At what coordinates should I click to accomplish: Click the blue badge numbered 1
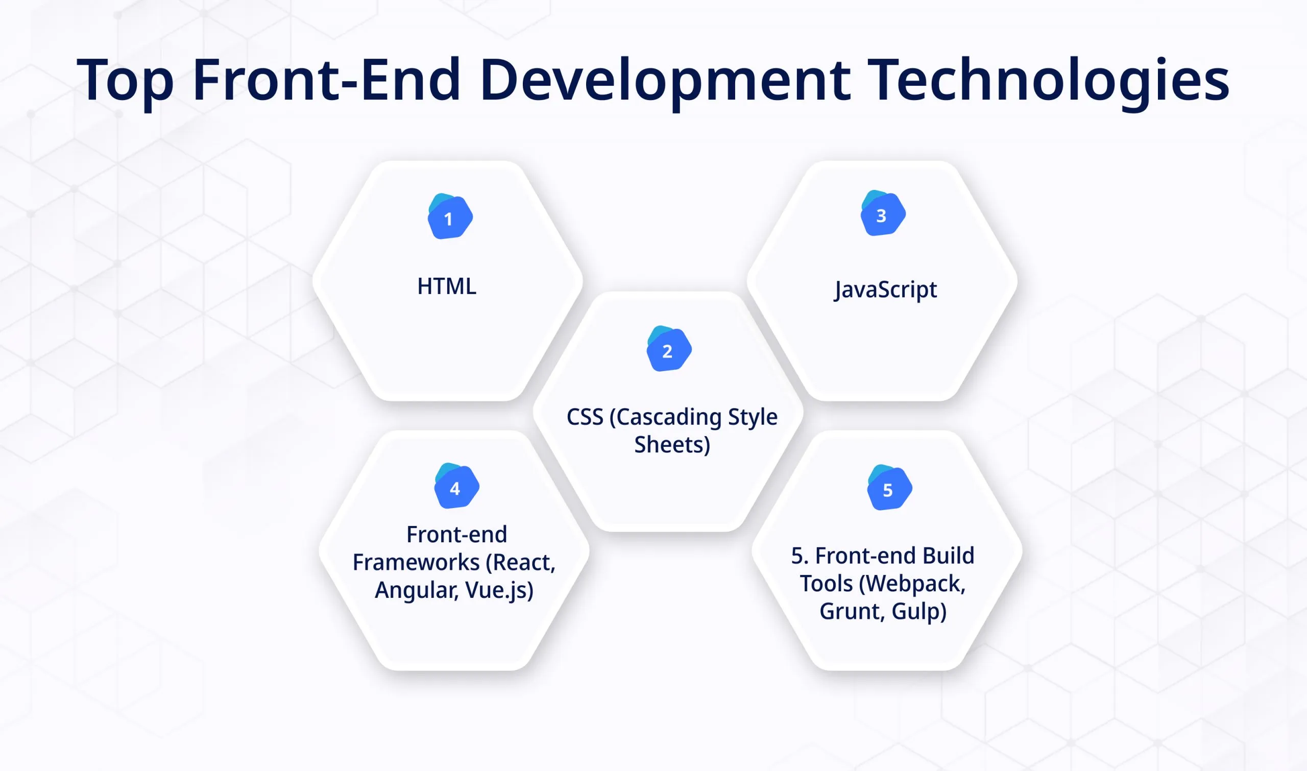450,217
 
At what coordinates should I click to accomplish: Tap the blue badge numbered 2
669,350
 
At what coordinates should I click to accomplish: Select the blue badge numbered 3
883,214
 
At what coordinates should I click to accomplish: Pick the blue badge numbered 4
456,487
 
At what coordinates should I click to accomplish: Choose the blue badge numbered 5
889,488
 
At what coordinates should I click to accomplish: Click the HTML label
447,286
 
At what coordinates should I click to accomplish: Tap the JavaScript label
885,290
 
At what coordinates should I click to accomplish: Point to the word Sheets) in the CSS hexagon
672,445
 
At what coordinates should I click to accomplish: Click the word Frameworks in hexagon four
416,563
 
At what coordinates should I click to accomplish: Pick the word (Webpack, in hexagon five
912,584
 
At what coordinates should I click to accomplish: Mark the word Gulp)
919,612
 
